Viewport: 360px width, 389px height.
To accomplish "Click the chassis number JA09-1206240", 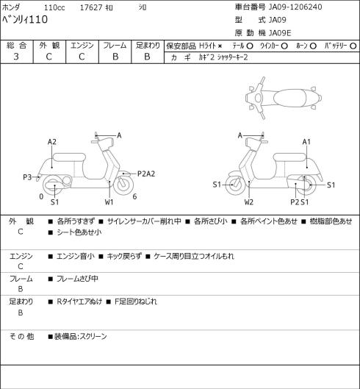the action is click(295, 7).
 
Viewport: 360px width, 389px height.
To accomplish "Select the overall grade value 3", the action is click(16, 57).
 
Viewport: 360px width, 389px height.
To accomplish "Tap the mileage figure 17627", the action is click(91, 7).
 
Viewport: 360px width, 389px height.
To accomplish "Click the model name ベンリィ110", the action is click(25, 20).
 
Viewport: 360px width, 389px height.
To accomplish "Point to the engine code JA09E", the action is click(280, 33).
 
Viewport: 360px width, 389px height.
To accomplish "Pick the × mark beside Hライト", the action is click(220, 46).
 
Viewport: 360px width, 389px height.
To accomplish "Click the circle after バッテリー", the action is click(353, 46).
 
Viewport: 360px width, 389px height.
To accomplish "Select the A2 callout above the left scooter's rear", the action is click(52, 142).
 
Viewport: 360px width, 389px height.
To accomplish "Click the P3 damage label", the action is click(27, 177).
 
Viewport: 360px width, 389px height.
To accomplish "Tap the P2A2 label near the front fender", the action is click(146, 174).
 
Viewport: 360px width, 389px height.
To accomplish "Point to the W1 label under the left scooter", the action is click(109, 202).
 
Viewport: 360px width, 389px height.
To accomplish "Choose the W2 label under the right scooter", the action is click(249, 202).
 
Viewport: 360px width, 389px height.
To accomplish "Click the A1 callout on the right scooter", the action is click(306, 142).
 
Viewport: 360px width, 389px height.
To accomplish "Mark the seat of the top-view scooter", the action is click(289, 98).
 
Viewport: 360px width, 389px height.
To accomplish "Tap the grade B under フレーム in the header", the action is click(115, 57).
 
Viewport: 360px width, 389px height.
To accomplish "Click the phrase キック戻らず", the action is click(124, 256).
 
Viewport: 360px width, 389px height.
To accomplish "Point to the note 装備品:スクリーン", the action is click(81, 337).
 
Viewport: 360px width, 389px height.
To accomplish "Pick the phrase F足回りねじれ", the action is click(136, 301).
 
